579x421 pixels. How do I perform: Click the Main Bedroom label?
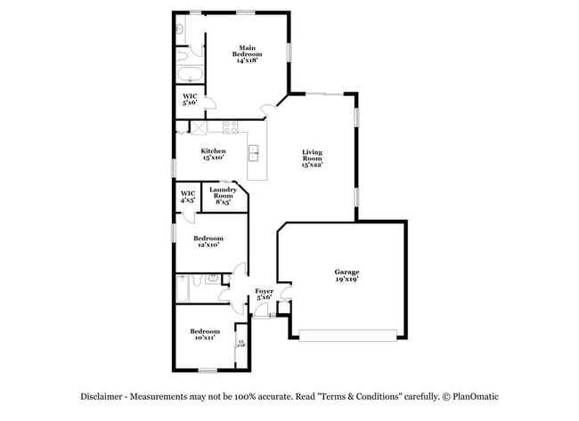coord(247,53)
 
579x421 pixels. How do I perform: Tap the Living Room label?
coord(311,158)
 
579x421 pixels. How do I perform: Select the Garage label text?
coord(346,274)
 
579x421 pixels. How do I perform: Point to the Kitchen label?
coord(213,154)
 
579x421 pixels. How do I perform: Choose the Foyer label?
coord(264,294)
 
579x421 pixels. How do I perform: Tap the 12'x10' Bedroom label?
coord(208,241)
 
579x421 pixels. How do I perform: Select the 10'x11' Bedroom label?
coord(204,335)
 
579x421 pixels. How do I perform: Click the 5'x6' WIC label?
coord(190,99)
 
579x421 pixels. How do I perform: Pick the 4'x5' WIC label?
coord(188,197)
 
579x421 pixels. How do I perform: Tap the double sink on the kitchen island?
coord(254,153)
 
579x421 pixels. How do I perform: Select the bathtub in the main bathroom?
coord(190,74)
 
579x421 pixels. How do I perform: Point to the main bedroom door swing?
coord(267,110)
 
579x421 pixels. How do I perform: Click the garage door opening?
coord(348,335)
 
